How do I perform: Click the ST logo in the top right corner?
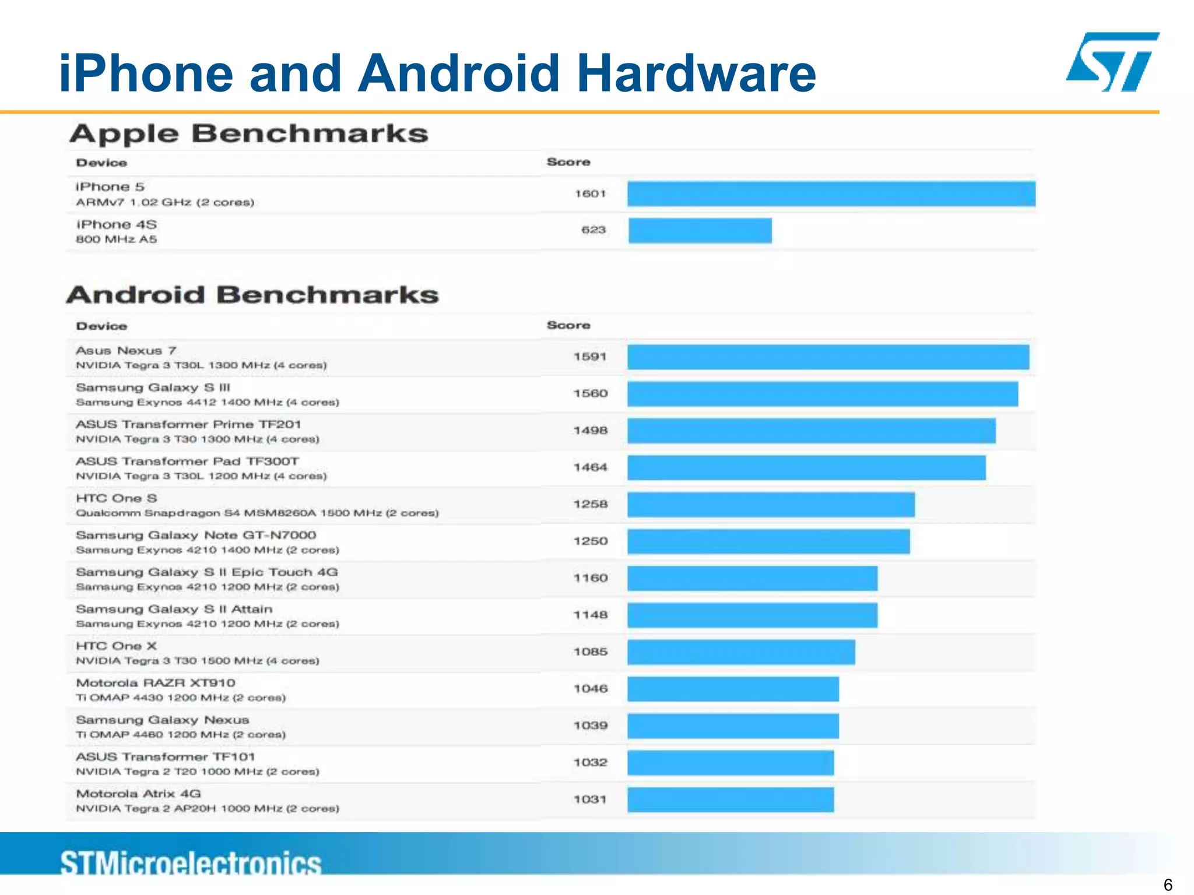[1112, 62]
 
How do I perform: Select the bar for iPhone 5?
[831, 193]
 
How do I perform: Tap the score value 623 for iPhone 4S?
[593, 230]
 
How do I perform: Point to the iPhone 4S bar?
[700, 231]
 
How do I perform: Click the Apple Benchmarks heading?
[249, 134]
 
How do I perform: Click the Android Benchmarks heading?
[252, 295]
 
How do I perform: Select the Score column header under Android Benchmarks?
[568, 325]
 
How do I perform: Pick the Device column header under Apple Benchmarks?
[101, 163]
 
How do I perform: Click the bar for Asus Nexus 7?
[828, 357]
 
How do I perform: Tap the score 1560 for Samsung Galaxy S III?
[590, 394]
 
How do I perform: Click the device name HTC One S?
[117, 499]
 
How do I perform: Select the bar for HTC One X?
[741, 652]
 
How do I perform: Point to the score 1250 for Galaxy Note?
[590, 541]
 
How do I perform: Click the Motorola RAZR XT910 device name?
[156, 683]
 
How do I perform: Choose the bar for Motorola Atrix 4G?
[731, 799]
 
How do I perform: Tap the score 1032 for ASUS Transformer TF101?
[590, 763]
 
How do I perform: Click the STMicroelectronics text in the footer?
[191, 863]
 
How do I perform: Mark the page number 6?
[1167, 885]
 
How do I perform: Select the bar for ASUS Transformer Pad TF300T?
[806, 468]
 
